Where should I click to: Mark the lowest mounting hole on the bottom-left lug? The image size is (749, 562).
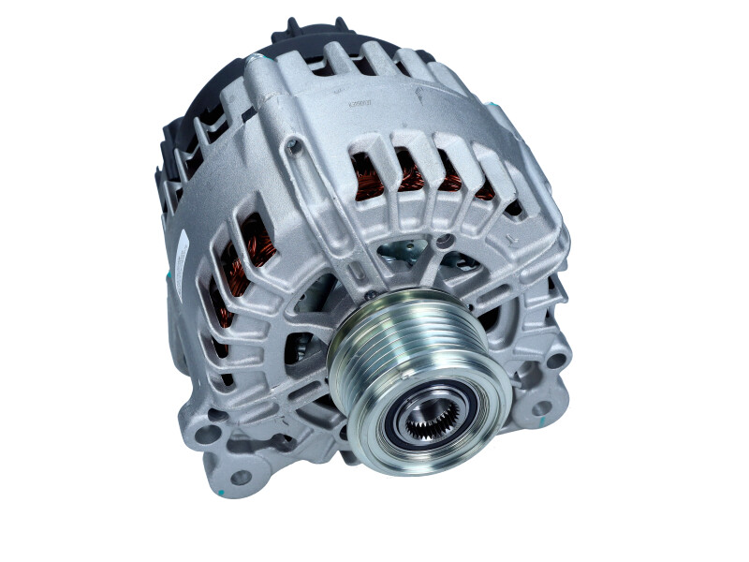(x=241, y=478)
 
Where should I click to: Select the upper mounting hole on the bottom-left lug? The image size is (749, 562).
(x=208, y=436)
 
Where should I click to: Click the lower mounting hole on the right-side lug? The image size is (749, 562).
(x=540, y=408)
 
